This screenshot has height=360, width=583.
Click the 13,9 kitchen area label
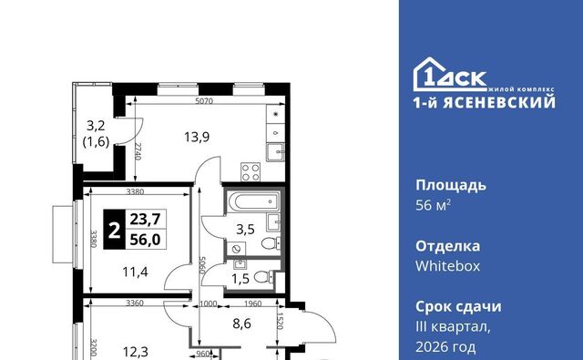[x=197, y=138]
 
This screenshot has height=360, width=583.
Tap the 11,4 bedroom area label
[x=136, y=272]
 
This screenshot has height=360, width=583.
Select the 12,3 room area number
[x=136, y=352]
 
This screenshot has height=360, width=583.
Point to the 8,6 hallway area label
[x=241, y=324]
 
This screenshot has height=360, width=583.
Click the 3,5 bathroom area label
[x=245, y=230]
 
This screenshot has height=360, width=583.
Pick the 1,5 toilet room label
[x=240, y=279]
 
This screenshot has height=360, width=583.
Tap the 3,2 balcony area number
[x=96, y=126]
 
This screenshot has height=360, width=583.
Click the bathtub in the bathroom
[x=253, y=201]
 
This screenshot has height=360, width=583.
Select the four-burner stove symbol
[x=251, y=172]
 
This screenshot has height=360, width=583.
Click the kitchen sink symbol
[x=275, y=152]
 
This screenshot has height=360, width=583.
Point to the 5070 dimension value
[x=204, y=101]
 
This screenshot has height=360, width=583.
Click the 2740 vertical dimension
[x=138, y=151]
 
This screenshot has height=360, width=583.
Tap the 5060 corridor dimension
[x=202, y=265]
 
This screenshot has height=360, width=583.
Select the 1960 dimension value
[x=253, y=303]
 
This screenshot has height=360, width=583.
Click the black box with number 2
[x=114, y=230]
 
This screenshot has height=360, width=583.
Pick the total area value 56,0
[x=146, y=240]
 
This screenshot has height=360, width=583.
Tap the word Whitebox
[x=447, y=266]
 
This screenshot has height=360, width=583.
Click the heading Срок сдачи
[x=458, y=307]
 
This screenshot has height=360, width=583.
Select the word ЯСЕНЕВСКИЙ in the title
[x=499, y=101]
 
